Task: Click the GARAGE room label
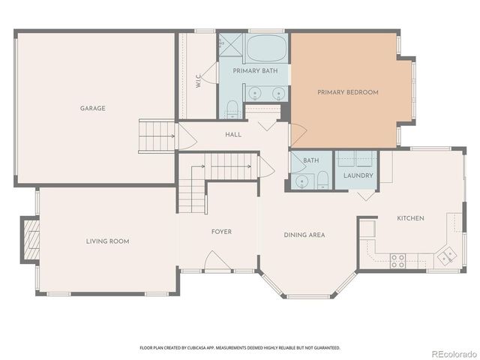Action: click(x=93, y=108)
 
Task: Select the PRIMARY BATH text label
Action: click(x=255, y=70)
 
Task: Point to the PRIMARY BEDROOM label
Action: click(x=347, y=92)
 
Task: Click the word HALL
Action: click(x=233, y=134)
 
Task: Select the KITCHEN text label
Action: click(x=410, y=218)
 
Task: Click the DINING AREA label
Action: click(x=304, y=235)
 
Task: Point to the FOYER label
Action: click(x=221, y=232)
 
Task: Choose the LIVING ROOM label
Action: click(x=107, y=241)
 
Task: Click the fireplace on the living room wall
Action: click(x=29, y=239)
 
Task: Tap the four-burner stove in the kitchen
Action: click(x=397, y=260)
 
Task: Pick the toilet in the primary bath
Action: click(x=232, y=109)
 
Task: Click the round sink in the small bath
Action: click(x=303, y=180)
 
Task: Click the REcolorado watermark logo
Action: click(x=451, y=353)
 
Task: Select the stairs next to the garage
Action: click(x=156, y=136)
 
